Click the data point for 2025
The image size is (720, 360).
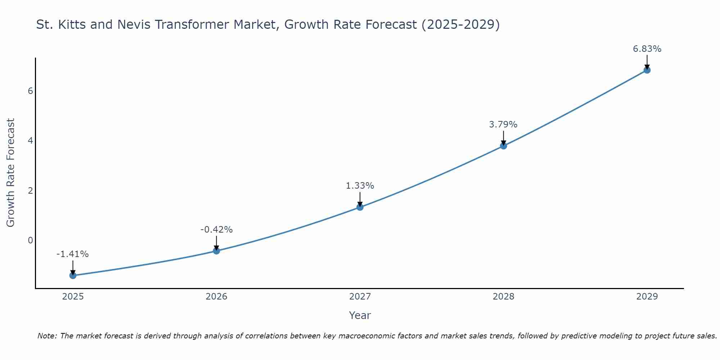[73, 275]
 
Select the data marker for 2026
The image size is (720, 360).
[216, 251]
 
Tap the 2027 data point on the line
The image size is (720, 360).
[360, 207]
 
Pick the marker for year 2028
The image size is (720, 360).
[503, 146]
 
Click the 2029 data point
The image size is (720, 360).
[647, 70]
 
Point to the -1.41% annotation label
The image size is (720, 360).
[72, 254]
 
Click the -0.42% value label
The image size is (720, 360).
[216, 230]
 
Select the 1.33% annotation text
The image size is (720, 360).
[360, 186]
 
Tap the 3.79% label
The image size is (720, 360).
[503, 125]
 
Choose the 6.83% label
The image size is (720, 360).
[647, 49]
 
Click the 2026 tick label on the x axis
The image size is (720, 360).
[216, 297]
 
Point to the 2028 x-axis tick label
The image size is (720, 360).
[503, 297]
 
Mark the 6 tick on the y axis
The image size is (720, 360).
[30, 91]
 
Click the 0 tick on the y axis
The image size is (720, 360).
[30, 240]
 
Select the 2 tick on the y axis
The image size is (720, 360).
[30, 190]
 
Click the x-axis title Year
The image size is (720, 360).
[360, 315]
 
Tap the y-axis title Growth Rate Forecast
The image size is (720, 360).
[11, 173]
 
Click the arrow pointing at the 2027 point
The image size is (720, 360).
[360, 199]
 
